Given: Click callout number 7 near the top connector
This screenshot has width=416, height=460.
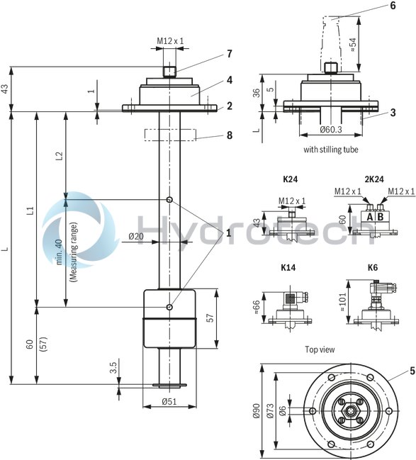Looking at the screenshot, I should [x=229, y=54].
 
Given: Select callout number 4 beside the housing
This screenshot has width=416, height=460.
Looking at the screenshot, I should [x=229, y=79].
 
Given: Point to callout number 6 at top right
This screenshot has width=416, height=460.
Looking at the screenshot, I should [x=392, y=6].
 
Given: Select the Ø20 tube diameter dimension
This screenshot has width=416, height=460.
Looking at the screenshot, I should [x=135, y=236].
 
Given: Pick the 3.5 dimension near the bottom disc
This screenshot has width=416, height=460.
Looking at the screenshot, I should [x=113, y=369].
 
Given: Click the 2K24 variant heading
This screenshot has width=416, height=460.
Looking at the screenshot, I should [x=374, y=181].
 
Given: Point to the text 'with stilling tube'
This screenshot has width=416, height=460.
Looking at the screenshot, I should [x=330, y=150].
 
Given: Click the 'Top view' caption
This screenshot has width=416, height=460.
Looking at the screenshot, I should [x=320, y=349].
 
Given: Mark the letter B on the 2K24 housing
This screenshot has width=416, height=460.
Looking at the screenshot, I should [x=381, y=217].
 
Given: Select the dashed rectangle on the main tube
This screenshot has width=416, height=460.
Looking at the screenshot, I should [x=170, y=134].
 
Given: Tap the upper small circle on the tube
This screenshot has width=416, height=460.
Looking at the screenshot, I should [x=169, y=200].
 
